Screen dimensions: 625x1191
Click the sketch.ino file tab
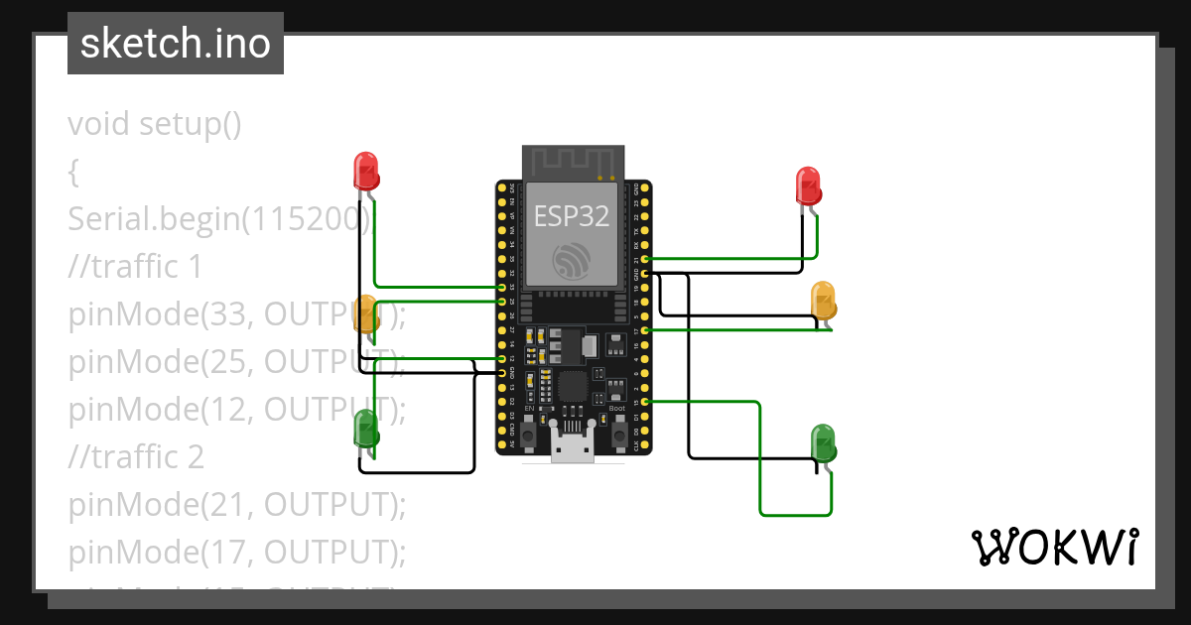[176, 44]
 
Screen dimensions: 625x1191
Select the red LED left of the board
[366, 170]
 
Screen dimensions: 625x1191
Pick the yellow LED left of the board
[366, 312]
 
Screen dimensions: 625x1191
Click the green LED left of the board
[366, 428]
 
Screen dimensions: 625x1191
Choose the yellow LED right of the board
[824, 299]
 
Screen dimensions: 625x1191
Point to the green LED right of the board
[824, 442]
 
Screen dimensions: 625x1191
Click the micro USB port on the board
[573, 447]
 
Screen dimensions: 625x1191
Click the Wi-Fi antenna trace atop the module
[573, 162]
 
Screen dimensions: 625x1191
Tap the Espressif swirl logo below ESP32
[572, 259]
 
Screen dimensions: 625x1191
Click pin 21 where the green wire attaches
[646, 259]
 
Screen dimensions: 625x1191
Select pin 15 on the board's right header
[646, 402]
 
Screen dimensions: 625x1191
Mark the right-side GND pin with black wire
[646, 273]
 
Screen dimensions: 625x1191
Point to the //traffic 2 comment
[136, 456]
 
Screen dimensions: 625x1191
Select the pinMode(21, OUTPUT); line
[237, 505]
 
